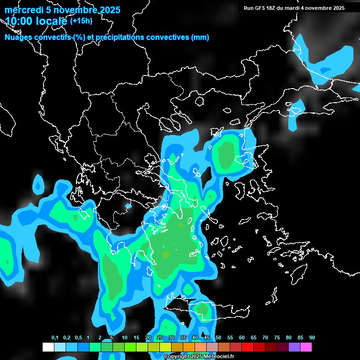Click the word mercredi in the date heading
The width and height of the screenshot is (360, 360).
pyautogui.click(x=22, y=10)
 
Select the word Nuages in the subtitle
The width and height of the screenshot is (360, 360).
pyautogui.click(x=18, y=37)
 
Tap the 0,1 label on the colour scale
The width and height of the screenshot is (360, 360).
pyautogui.click(x=55, y=338)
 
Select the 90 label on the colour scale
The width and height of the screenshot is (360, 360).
pyautogui.click(x=312, y=338)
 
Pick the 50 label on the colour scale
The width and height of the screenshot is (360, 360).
pyautogui.click(x=218, y=338)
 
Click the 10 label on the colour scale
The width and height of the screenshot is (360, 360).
pyautogui.click(x=125, y=338)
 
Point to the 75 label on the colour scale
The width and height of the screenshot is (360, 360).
pyautogui.click(x=277, y=338)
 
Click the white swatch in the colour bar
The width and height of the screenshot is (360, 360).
pyautogui.click(x=48, y=347)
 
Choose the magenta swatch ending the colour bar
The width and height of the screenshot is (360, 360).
pyautogui.click(x=306, y=347)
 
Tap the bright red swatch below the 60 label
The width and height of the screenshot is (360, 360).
pyautogui.click(x=247, y=347)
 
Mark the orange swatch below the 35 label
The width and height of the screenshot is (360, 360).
pyautogui.click(x=188, y=347)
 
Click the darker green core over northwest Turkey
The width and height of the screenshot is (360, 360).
pyautogui.click(x=226, y=155)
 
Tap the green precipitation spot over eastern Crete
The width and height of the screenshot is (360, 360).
pyautogui.click(x=202, y=310)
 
